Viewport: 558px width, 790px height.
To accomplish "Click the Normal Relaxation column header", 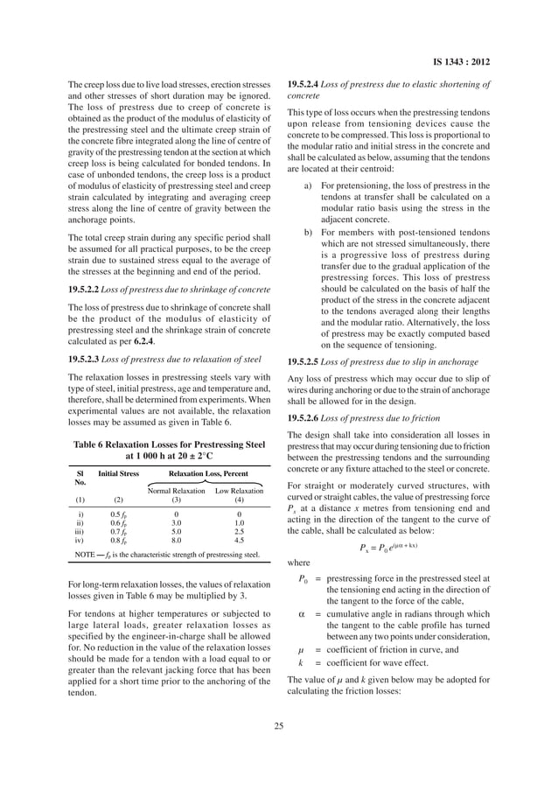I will click(x=176, y=491).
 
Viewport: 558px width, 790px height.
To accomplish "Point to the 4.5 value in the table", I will click(x=239, y=541).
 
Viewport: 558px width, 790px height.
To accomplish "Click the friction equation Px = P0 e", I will click(x=388, y=548).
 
